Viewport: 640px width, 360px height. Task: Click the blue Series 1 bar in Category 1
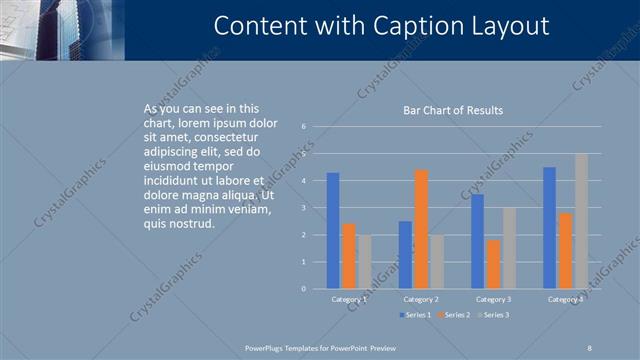click(x=333, y=231)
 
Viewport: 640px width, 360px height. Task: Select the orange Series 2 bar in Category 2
click(x=421, y=229)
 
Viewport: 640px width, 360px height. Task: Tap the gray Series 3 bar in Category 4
click(x=581, y=221)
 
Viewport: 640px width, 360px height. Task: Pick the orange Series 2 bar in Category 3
click(x=493, y=264)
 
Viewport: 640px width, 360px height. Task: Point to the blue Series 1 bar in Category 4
click(x=549, y=228)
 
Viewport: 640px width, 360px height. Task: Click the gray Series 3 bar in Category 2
click(x=436, y=262)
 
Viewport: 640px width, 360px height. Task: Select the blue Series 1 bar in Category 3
click(x=478, y=241)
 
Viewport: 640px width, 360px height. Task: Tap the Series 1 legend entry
click(x=417, y=315)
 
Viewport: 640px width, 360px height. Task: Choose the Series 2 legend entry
click(x=453, y=315)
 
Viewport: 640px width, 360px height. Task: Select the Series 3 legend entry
click(x=494, y=315)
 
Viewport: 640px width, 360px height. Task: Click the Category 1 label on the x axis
click(x=349, y=299)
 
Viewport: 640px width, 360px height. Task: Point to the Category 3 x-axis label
click(x=493, y=299)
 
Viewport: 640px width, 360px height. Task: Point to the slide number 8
click(x=589, y=346)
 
